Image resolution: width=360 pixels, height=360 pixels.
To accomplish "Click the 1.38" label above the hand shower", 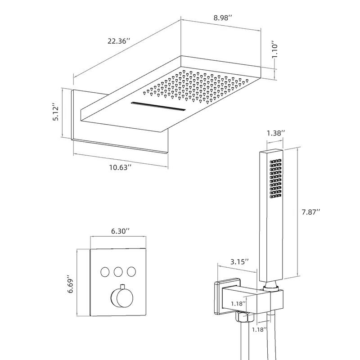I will [x=276, y=133].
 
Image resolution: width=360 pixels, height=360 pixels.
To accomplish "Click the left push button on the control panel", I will [x=105, y=271].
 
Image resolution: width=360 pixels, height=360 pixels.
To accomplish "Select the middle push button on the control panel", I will [x=118, y=271].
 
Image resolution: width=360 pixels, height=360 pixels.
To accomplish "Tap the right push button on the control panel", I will [x=131, y=271].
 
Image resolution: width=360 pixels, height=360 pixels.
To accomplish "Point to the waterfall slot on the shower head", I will [x=157, y=108].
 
